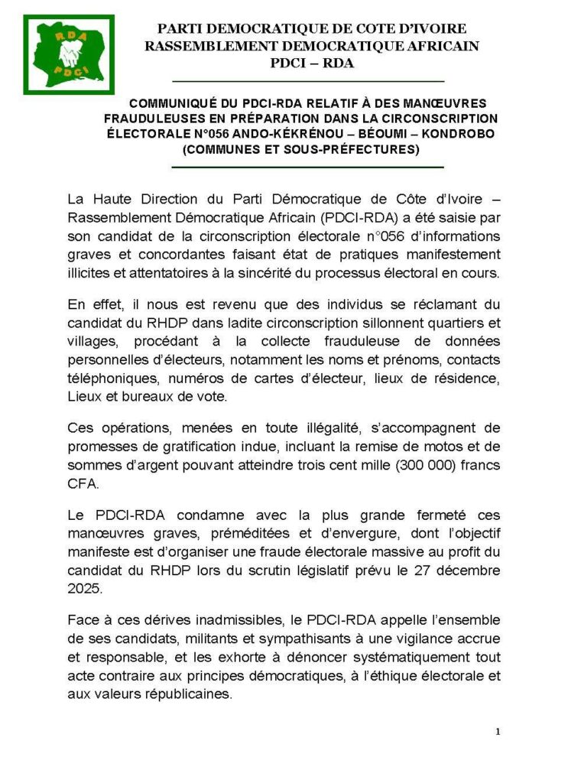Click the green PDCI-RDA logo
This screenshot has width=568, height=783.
69,55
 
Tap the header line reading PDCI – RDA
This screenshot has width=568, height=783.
312,63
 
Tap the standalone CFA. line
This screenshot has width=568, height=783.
83,484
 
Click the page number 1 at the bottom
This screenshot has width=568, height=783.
498,732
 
